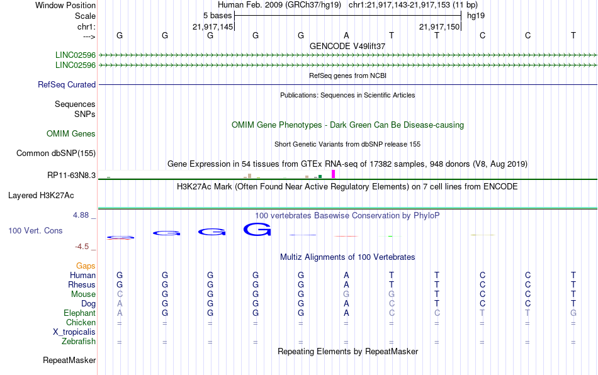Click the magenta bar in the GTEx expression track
(x=334, y=174)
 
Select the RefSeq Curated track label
(x=67, y=84)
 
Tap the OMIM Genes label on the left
(x=71, y=134)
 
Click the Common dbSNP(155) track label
(x=56, y=153)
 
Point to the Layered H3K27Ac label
(x=41, y=196)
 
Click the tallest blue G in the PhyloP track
(x=257, y=230)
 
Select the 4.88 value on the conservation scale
(x=81, y=215)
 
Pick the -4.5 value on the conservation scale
(x=82, y=247)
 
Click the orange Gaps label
(x=86, y=266)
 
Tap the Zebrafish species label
(x=79, y=342)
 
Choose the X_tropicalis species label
(x=74, y=332)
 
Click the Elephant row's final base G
(x=573, y=313)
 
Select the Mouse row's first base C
(x=120, y=294)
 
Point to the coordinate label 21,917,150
(x=439, y=26)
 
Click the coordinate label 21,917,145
(x=213, y=26)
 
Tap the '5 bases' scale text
(x=217, y=16)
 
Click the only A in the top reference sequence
(x=346, y=35)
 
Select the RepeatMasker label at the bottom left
(x=69, y=360)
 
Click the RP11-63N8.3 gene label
(x=72, y=176)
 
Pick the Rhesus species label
(x=82, y=284)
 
